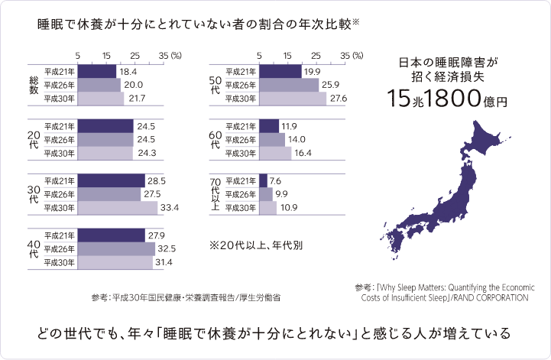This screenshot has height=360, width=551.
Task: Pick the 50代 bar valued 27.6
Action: click(293, 99)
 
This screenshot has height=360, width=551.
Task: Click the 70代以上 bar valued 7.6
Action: click(264, 180)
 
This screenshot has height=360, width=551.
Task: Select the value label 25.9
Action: click(334, 85)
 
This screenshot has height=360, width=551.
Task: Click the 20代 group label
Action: click(34, 139)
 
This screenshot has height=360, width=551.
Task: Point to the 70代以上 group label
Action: click(215, 194)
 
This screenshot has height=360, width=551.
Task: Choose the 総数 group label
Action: click(34, 84)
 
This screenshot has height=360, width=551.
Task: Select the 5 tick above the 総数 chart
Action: click(79, 55)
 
